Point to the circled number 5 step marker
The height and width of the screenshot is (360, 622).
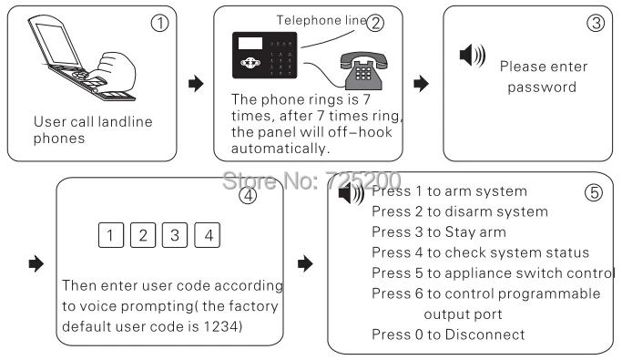click(x=594, y=193)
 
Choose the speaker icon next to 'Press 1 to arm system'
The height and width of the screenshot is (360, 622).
click(x=351, y=193)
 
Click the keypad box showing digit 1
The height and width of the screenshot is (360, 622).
click(x=109, y=235)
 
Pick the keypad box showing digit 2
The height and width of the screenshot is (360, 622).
click(x=142, y=235)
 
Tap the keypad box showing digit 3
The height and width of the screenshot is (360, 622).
click(x=175, y=235)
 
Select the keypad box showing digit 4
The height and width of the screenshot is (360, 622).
click(x=208, y=235)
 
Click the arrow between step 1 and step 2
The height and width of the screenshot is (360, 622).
click(x=194, y=84)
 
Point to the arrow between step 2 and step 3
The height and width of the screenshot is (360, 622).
click(x=421, y=84)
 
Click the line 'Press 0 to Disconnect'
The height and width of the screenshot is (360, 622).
click(x=448, y=334)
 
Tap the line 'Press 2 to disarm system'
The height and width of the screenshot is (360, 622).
click(x=447, y=211)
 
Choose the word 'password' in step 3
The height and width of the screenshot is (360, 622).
click(x=542, y=87)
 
